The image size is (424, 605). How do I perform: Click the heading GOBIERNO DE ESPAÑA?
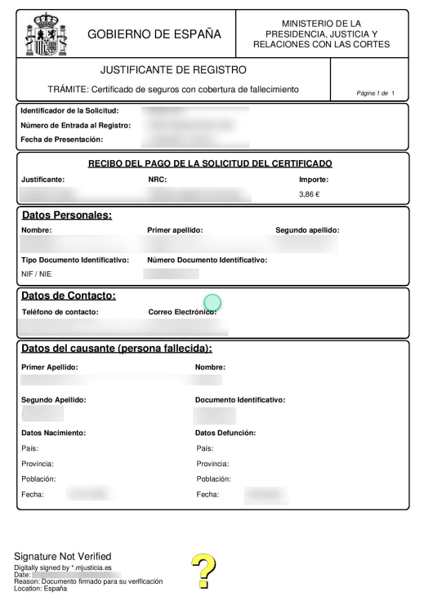point(154,34)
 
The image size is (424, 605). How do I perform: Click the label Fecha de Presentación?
point(62,140)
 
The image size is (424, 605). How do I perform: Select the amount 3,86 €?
point(310,194)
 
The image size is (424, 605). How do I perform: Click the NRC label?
point(157,179)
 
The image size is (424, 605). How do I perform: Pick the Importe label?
point(314,179)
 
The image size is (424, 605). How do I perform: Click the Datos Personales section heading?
point(66,216)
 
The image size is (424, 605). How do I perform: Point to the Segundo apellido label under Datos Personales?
point(307,230)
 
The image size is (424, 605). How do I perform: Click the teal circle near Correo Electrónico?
point(212,304)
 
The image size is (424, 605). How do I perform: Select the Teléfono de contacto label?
point(60,312)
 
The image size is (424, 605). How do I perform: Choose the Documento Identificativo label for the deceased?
point(240,400)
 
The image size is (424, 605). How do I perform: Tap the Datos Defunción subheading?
point(226,433)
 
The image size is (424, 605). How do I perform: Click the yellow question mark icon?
point(203,572)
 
